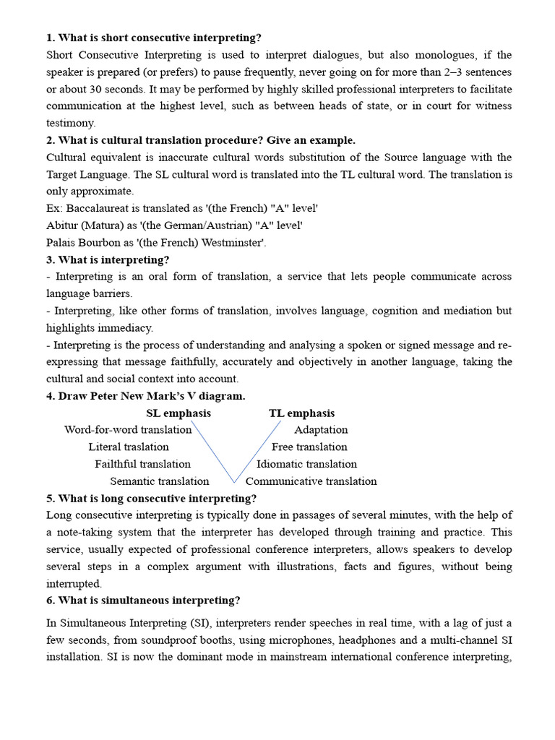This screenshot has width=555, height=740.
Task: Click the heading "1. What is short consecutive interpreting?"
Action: pos(154,38)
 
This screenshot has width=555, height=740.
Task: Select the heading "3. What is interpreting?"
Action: pos(107,259)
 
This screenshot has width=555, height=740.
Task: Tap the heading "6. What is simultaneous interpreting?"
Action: pos(143,601)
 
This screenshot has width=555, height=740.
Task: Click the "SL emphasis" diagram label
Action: pos(178,413)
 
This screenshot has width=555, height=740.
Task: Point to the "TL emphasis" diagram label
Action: pos(301,413)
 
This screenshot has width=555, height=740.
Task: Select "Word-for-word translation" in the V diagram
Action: pos(128,430)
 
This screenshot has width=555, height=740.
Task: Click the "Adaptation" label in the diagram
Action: pos(321,430)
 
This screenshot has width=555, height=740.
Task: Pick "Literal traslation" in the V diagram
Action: pos(129,447)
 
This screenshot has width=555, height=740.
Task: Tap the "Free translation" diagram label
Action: pos(309,447)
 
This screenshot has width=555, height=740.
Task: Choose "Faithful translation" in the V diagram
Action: pos(142,464)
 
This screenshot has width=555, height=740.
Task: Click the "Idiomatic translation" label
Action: pos(306,464)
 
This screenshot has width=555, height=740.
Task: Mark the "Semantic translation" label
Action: pos(159,481)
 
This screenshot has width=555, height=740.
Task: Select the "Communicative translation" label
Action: pos(311,481)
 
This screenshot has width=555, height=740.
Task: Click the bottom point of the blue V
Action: pos(233,481)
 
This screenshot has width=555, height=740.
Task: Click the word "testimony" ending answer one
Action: pos(71,123)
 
